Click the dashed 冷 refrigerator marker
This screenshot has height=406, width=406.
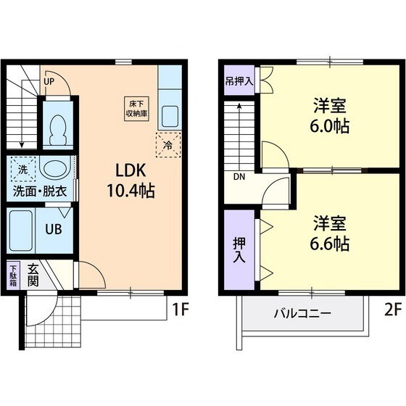pyautogui.click(x=167, y=144)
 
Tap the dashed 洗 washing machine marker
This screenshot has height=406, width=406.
pyautogui.click(x=22, y=170)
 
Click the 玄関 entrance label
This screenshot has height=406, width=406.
pyautogui.click(x=34, y=275)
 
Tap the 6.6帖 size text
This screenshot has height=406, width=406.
pyautogui.click(x=331, y=244)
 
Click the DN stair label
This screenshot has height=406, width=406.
pyautogui.click(x=239, y=176)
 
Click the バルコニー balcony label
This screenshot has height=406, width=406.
pyautogui.click(x=302, y=314)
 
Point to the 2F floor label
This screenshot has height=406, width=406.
pyautogui.click(x=391, y=311)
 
